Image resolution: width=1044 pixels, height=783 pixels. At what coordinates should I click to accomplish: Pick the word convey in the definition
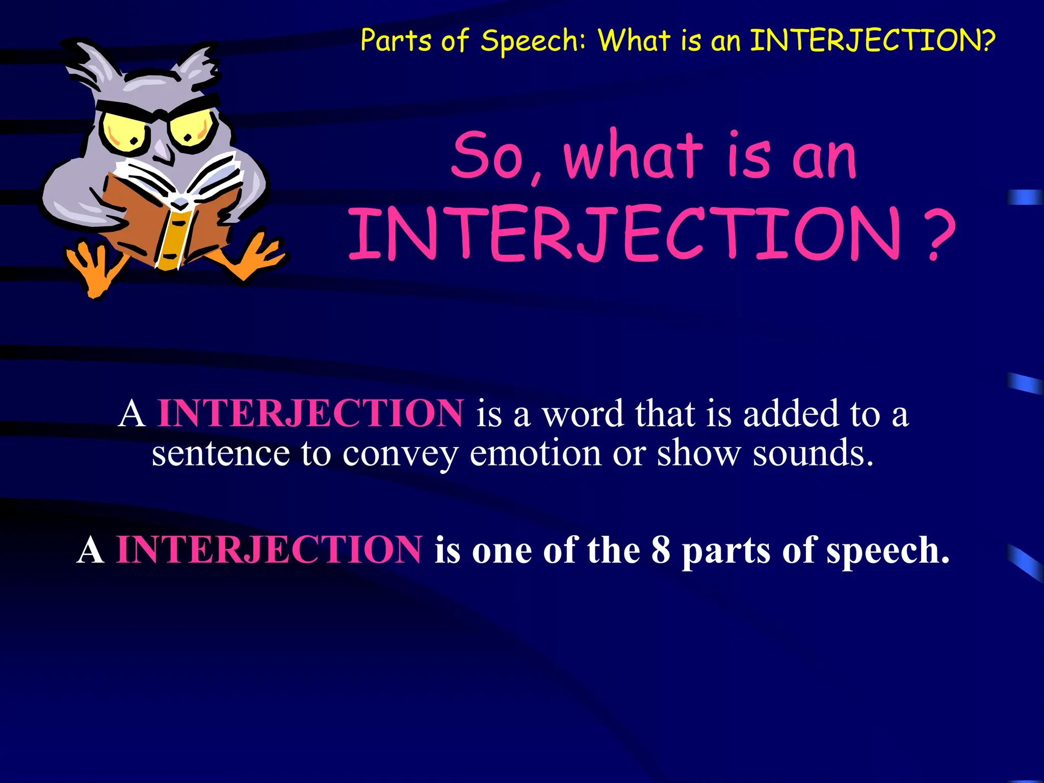point(400,454)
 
